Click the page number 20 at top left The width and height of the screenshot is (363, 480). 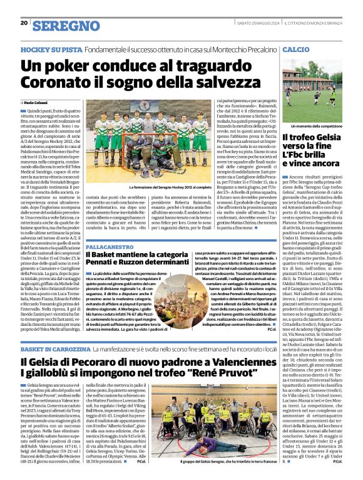pos(24,23)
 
